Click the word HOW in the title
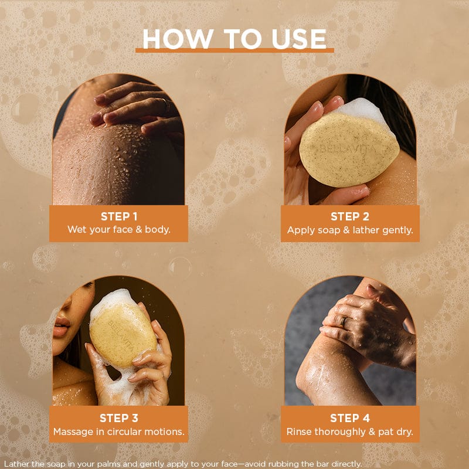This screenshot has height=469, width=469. click(178, 39)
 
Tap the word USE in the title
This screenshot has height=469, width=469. click(299, 39)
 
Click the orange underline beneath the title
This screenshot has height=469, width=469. click(235, 50)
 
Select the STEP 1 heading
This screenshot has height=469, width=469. click(119, 216)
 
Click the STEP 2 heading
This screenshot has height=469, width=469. click(349, 216)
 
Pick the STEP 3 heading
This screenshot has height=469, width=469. click(119, 418)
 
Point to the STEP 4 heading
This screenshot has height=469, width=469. click(349, 418)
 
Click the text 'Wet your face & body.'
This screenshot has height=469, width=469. click(119, 230)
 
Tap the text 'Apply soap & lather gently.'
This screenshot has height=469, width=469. click(350, 230)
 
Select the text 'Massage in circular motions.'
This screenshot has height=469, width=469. click(119, 431)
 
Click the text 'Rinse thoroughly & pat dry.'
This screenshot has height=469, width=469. click(349, 432)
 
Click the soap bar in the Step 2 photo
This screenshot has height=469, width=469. click(349, 149)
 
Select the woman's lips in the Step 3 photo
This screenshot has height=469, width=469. click(62, 327)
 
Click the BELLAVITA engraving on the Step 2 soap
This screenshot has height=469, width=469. click(348, 149)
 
